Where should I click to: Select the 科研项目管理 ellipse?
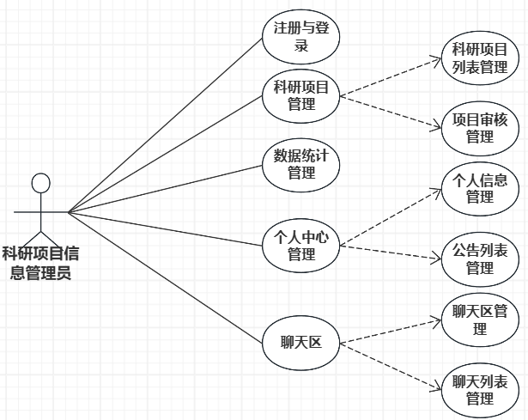(x=301, y=96)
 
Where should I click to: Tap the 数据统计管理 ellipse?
(x=301, y=164)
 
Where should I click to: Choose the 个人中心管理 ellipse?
(x=301, y=246)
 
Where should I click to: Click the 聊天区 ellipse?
(x=301, y=343)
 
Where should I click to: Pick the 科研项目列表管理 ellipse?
(x=480, y=60)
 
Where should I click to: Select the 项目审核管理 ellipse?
(x=480, y=127)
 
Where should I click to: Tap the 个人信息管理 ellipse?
(x=480, y=189)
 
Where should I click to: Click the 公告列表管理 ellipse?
(x=480, y=259)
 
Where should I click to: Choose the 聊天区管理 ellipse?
(x=480, y=319)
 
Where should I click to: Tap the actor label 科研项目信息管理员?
(x=40, y=263)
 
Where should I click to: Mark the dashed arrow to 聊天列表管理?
(x=391, y=364)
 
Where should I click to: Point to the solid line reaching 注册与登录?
(x=163, y=126)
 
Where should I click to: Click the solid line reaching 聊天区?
(x=163, y=275)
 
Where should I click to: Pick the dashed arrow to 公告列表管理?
(x=391, y=252)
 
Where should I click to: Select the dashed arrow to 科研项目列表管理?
(x=391, y=78)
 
